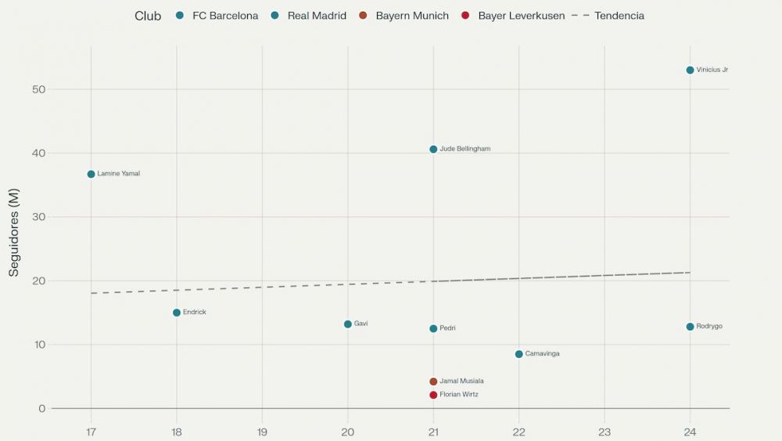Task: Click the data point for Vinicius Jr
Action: click(690, 70)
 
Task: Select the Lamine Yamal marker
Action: click(91, 174)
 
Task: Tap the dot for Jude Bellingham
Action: click(433, 149)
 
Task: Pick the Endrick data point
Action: click(177, 313)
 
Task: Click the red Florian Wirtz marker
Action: click(433, 395)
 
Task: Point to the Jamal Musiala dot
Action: click(433, 381)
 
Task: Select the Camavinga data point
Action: click(518, 354)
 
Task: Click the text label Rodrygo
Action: click(709, 327)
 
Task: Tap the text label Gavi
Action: click(361, 324)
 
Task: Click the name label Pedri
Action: click(447, 329)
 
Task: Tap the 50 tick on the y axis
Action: click(38, 89)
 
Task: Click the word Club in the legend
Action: click(148, 16)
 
